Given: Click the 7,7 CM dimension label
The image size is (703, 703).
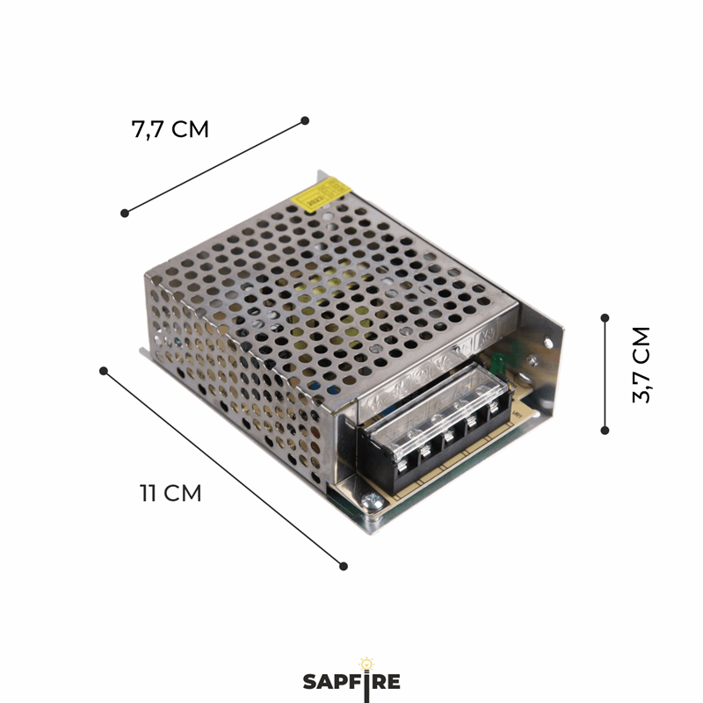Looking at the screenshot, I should pos(170,129).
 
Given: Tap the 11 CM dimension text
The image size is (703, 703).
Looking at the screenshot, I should pos(170,493).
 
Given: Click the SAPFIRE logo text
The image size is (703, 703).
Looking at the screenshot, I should pos(351,682).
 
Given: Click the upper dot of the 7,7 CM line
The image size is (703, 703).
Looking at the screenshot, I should pos(305,120).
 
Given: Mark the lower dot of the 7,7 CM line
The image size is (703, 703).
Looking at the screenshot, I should pos(125,213).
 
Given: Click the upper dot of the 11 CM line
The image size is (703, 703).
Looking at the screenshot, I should pos(104,371).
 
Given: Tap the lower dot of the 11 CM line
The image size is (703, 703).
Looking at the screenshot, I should pos(344,566).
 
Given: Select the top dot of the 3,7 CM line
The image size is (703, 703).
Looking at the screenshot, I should pos(605,317).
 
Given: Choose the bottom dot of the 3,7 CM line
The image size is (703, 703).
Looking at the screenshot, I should pos(605,430).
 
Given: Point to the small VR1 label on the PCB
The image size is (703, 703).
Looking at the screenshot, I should pos(518,406).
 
